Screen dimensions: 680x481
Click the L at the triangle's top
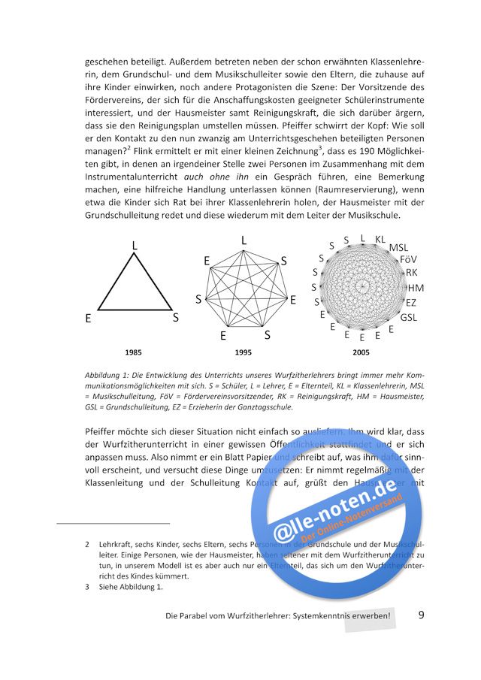[135, 246]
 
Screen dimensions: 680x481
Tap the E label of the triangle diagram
[88, 319]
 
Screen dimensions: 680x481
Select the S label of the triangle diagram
[176, 317]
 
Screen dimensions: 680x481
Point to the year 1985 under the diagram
[134, 352]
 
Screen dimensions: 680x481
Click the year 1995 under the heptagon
[243, 352]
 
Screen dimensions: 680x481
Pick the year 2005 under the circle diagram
[361, 352]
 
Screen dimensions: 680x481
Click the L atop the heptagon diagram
[244, 240]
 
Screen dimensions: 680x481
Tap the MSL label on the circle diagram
[398, 247]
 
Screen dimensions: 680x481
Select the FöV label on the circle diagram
[408, 259]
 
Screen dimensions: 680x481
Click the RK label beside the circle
[411, 273]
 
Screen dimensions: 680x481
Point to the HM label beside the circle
[416, 288]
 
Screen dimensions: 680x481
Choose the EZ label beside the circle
[410, 303]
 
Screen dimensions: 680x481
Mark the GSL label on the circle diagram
[409, 317]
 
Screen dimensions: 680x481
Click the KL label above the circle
[380, 239]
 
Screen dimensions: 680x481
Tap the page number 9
[422, 615]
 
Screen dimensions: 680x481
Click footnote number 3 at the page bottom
[88, 587]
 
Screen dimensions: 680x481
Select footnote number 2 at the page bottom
[88, 543]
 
